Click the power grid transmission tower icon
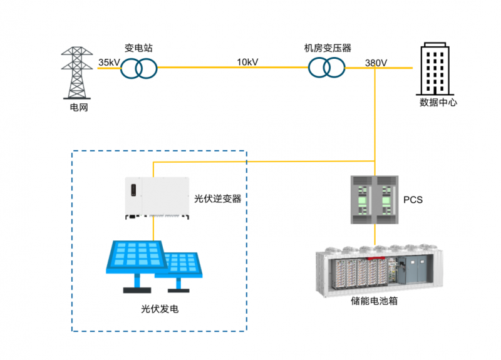click(x=76, y=73)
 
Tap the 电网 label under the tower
click(x=79, y=107)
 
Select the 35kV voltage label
click(x=109, y=62)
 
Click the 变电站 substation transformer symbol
click(x=138, y=68)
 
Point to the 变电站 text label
click(x=138, y=48)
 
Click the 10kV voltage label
click(x=247, y=62)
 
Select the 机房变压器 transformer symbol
click(x=326, y=68)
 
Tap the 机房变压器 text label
click(x=328, y=48)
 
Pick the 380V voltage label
click(x=376, y=63)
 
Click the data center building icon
click(x=435, y=69)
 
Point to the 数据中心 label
click(x=438, y=102)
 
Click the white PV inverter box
click(x=157, y=198)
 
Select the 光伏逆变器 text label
click(x=217, y=198)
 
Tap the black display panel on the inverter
click(x=133, y=190)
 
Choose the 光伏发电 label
click(x=160, y=309)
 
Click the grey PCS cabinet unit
click(x=374, y=200)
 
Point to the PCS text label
click(x=413, y=200)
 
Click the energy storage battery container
click(x=380, y=271)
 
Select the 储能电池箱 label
click(x=374, y=301)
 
